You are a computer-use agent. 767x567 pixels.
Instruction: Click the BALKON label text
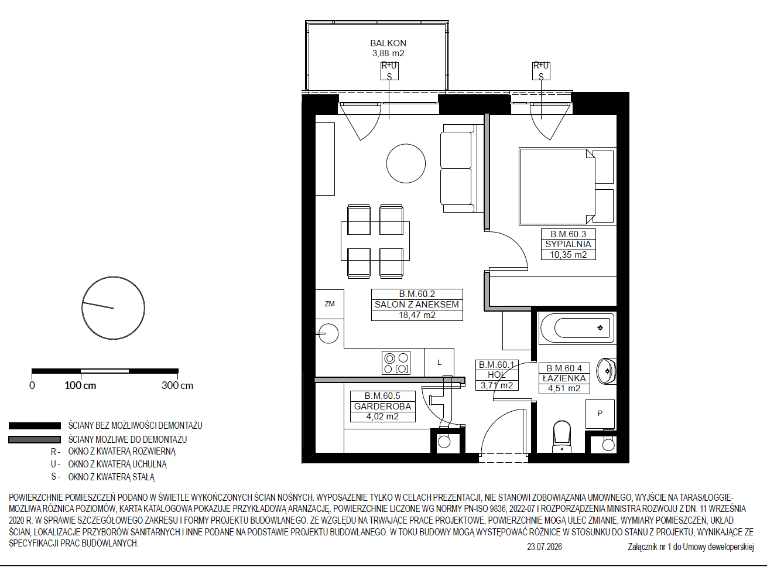point(388,43)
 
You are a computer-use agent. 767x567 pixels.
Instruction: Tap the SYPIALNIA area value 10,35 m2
point(569,255)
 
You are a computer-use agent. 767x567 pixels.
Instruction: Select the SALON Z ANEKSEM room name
point(417,305)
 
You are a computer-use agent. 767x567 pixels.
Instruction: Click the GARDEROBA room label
point(382,406)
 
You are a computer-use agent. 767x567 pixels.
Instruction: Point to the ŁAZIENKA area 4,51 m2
point(564,388)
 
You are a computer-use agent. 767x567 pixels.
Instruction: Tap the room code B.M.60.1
point(497,364)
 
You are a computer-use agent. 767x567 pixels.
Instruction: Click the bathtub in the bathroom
point(577,328)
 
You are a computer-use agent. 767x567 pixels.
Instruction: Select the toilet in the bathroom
point(561,436)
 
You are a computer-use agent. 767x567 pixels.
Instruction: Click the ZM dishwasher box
point(330,304)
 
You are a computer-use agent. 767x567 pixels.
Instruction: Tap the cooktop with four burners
point(396,363)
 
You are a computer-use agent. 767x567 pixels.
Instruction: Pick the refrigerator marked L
point(439,363)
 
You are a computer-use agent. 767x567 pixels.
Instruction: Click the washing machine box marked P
point(600,414)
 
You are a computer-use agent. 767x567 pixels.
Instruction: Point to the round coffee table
point(406,163)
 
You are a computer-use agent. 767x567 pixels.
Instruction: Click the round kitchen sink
point(328,333)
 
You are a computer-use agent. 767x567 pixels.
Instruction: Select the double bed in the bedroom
point(557,186)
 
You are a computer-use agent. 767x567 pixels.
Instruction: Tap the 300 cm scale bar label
point(177,385)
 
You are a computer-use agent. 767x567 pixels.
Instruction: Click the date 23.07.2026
point(545,546)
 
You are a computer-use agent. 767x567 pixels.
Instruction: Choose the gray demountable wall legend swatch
point(35,440)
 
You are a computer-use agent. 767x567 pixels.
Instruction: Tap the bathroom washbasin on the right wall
point(606,371)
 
